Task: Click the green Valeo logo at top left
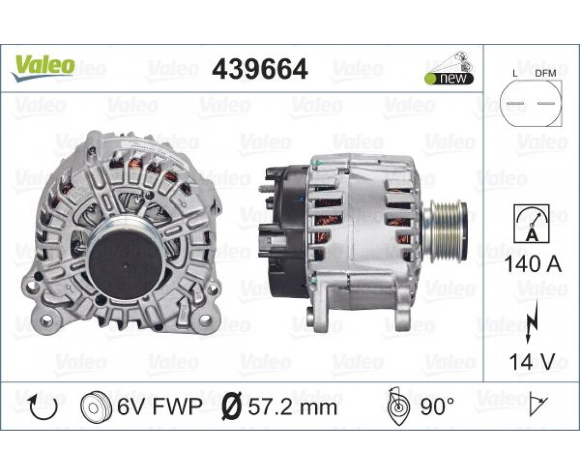tap(44, 69)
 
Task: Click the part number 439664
tap(259, 69)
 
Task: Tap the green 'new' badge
tap(449, 79)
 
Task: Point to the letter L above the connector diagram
tap(515, 74)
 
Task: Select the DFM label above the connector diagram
tap(546, 74)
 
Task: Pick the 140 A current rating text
tap(533, 265)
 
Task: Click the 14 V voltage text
tap(532, 362)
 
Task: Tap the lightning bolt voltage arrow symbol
tap(531, 320)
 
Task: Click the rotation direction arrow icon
tap(44, 406)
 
